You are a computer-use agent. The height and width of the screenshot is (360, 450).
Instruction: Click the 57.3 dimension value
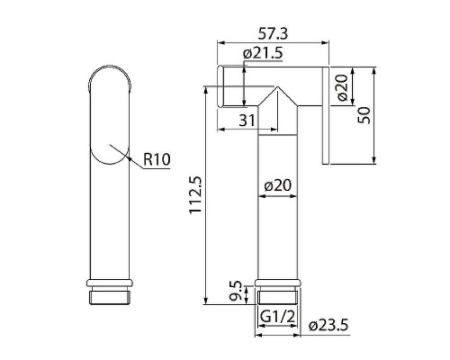(274, 33)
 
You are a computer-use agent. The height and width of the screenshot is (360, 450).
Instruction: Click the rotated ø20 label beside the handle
(342, 88)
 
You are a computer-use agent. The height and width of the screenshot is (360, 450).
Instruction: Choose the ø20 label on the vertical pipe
(278, 186)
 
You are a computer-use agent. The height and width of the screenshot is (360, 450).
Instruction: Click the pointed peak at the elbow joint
(276, 89)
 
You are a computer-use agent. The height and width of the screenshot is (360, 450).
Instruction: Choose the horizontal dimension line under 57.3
(274, 43)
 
